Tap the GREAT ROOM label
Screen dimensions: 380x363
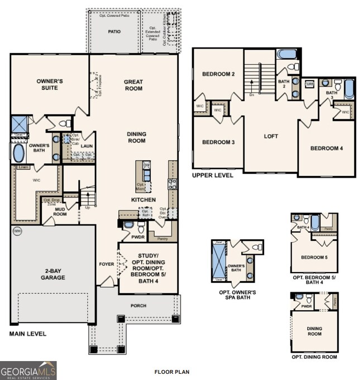[133, 85]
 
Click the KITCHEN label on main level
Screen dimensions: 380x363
[144, 199]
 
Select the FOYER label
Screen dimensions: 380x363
[107, 264]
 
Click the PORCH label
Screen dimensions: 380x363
[139, 306]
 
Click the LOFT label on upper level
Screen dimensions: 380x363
[271, 136]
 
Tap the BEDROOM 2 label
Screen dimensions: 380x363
[218, 74]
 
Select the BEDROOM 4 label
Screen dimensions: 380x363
[327, 148]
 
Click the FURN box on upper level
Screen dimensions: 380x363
[309, 84]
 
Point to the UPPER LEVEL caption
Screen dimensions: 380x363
[213, 175]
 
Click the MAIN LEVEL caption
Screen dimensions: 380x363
[27, 334]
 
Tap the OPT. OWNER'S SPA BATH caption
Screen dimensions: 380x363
[238, 294]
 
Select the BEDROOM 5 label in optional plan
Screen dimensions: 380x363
[314, 258]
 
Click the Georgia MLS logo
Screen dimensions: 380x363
[28, 370]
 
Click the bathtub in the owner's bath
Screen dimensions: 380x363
[18, 153]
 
